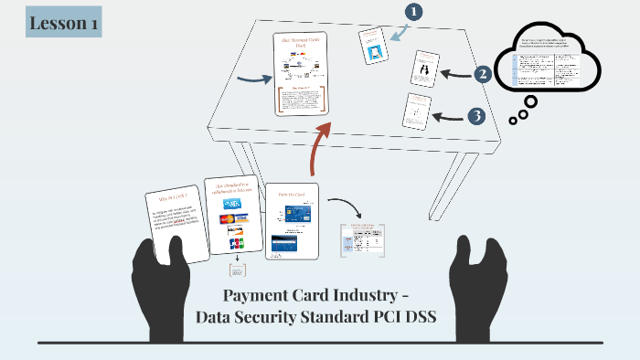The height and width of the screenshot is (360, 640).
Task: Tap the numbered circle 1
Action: point(414,12)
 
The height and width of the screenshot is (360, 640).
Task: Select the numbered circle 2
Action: point(482,74)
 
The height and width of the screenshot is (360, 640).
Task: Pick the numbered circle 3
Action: point(475,116)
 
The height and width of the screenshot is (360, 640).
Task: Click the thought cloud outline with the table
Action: point(546,65)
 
